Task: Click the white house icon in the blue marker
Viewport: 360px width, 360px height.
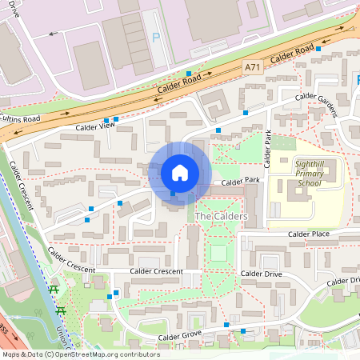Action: point(180,172)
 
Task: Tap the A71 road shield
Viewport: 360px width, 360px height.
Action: point(252,71)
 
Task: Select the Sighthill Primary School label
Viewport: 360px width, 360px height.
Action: point(308,173)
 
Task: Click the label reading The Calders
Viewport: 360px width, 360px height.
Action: point(221,217)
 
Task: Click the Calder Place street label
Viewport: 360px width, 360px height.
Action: point(309,234)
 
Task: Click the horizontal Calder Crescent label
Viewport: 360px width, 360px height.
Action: point(157,271)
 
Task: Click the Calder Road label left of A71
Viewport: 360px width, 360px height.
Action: point(181,83)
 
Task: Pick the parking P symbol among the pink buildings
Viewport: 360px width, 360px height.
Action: point(156,38)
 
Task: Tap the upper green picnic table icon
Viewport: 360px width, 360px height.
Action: point(54,290)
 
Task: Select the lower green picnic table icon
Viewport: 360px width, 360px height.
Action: point(62,310)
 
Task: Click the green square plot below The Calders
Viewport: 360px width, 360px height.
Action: point(218,254)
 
